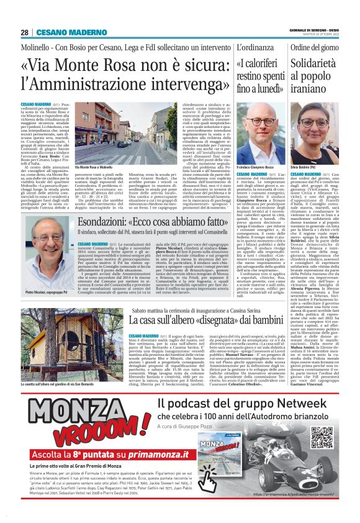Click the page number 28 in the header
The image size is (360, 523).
pyautogui.click(x=24, y=32)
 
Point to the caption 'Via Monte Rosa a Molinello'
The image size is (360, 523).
pyautogui.click(x=93, y=167)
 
